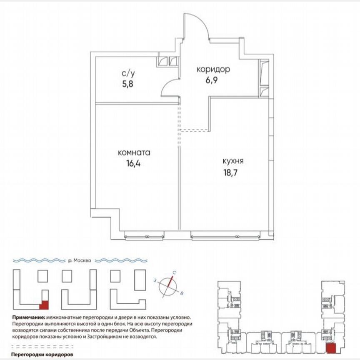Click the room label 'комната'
pos(134,152)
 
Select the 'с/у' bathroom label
pos(128,73)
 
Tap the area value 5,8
pos(128,83)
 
